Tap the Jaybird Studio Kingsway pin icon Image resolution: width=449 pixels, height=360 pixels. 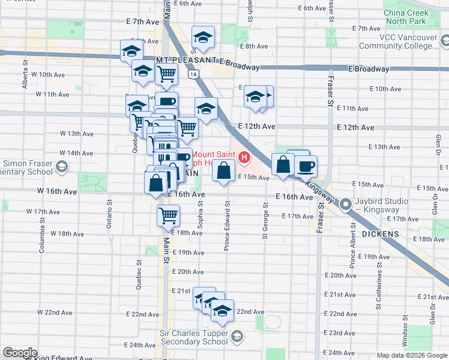pyautogui.click(x=346, y=205)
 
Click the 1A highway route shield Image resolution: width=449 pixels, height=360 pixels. pyautogui.click(x=193, y=74)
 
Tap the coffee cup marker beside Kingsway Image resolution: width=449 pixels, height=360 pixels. pyautogui.click(x=305, y=166)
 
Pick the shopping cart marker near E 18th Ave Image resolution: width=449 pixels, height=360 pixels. pyautogui.click(x=169, y=215)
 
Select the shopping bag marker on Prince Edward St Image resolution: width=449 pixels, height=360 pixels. pyautogui.click(x=223, y=170)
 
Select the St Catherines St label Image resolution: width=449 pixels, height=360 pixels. pyautogui.click(x=380, y=291)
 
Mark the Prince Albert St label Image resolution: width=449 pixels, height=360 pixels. pyautogui.click(x=353, y=251)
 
